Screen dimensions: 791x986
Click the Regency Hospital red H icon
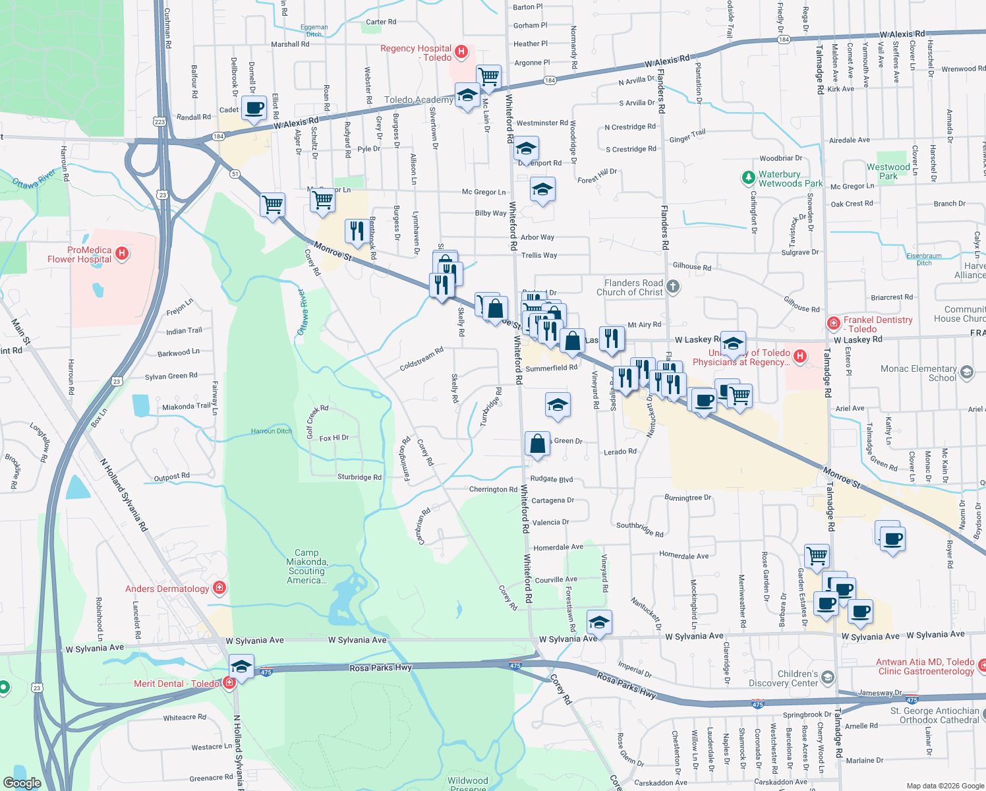tap(462, 51)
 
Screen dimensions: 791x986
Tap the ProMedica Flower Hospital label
tap(80, 255)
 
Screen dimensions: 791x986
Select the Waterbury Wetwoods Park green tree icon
tap(748, 177)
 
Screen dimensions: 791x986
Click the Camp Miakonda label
tap(306, 566)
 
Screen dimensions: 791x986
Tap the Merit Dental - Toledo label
tap(177, 684)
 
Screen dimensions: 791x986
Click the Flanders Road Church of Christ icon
tap(672, 286)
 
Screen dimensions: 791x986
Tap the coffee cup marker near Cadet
tap(254, 108)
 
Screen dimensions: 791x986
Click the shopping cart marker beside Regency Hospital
tap(488, 76)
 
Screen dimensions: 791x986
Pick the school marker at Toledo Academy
tap(467, 96)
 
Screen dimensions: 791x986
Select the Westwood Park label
tap(888, 171)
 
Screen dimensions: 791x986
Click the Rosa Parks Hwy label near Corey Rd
tap(626, 684)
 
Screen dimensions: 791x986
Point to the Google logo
tap(22, 783)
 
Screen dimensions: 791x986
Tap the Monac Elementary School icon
tap(966, 372)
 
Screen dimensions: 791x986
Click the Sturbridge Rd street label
tap(359, 477)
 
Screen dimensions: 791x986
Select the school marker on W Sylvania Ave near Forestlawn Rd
tap(598, 622)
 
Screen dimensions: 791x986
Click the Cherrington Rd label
tap(493, 489)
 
